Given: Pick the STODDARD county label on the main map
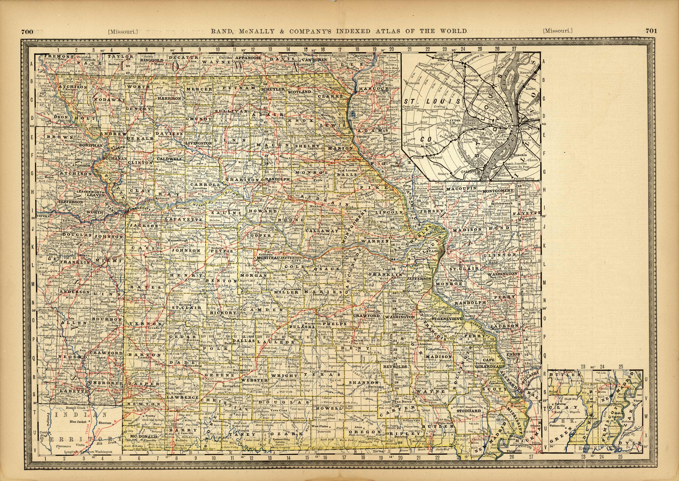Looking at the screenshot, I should coord(468,411).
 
